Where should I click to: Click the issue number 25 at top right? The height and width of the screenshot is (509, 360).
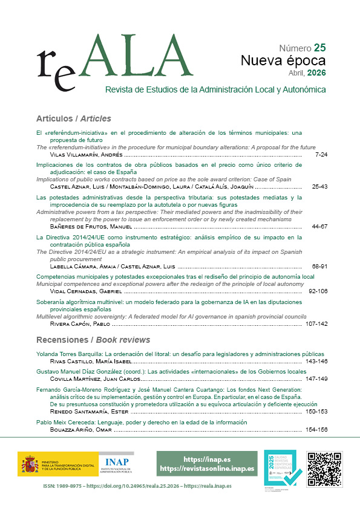pyautogui.click(x=320, y=48)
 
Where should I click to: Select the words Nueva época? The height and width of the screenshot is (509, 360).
pyautogui.click(x=283, y=60)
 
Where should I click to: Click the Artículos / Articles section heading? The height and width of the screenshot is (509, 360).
pyautogui.click(x=74, y=118)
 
